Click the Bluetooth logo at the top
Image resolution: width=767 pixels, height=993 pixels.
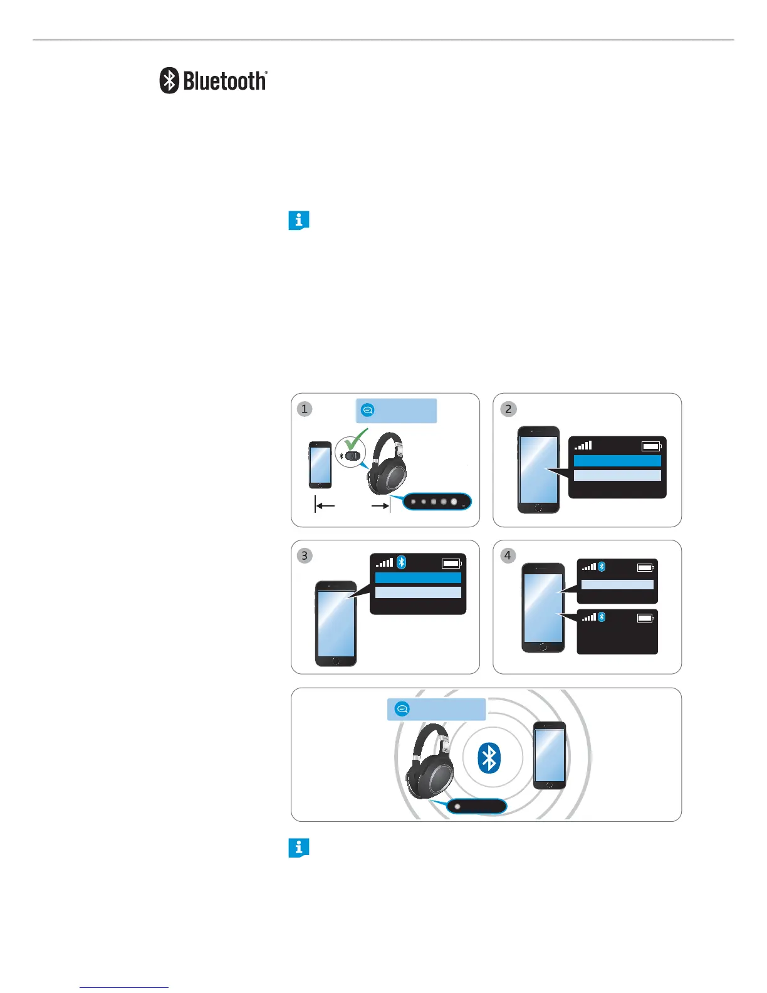click(x=213, y=81)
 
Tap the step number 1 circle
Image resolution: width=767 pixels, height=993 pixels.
click(x=305, y=409)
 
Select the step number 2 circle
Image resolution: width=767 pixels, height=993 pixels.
click(x=508, y=409)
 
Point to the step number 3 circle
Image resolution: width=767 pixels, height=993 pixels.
click(x=305, y=555)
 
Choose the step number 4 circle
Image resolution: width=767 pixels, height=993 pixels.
click(x=508, y=555)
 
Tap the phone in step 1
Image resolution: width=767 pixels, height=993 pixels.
click(x=320, y=465)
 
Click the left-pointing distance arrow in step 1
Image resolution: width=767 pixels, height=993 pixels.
click(x=325, y=506)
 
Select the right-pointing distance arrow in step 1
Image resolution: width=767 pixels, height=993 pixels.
click(x=380, y=506)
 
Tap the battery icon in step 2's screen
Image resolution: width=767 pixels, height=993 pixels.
click(x=651, y=446)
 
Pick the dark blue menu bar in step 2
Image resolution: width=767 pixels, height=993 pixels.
click(x=617, y=461)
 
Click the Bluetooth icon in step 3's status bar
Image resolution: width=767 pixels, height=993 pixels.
click(x=402, y=562)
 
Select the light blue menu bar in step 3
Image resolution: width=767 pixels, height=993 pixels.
click(x=418, y=592)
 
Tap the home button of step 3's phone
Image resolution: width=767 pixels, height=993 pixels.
click(x=335, y=661)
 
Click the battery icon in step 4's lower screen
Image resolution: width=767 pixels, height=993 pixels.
click(x=645, y=617)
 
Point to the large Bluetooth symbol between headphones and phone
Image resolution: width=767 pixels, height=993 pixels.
click(x=489, y=758)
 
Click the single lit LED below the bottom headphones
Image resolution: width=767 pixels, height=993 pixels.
click(x=457, y=807)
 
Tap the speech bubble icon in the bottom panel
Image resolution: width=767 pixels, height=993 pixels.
click(x=402, y=709)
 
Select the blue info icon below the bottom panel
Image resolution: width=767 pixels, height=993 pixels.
click(x=298, y=848)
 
